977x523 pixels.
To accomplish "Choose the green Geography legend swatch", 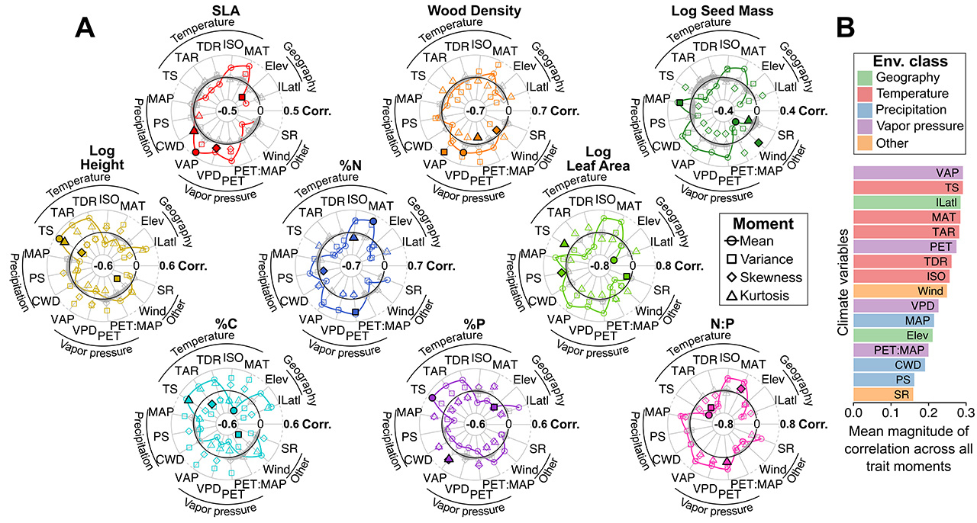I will [x=865, y=79].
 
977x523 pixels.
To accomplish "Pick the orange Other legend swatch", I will [x=865, y=143].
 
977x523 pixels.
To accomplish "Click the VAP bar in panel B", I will [x=908, y=173].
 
